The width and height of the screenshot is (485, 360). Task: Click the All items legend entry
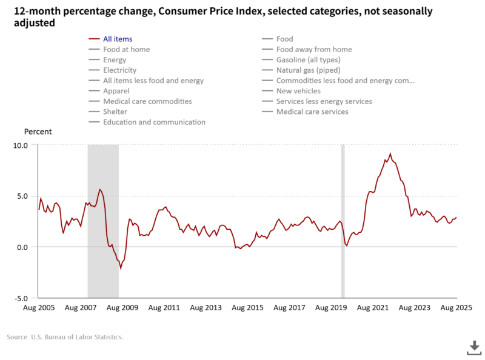point(117,39)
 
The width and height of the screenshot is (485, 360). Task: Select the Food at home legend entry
point(126,50)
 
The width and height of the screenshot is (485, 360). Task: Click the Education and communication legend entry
point(154,122)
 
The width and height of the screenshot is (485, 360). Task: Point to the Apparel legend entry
point(117,91)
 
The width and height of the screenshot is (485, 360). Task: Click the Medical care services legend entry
point(312,112)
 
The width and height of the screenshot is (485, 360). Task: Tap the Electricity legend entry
point(119,70)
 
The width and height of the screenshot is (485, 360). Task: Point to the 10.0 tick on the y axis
point(21,145)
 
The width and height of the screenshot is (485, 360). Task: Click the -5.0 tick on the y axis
point(21,298)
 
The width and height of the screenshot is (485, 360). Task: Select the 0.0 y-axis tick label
point(22,247)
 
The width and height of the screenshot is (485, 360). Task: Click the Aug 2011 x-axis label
point(164,308)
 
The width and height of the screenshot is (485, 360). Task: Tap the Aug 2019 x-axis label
point(331,308)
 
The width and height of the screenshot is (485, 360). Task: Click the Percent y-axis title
point(38,132)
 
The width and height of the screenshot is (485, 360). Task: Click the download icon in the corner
point(473,347)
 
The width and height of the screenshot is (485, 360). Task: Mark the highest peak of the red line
point(390,153)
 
